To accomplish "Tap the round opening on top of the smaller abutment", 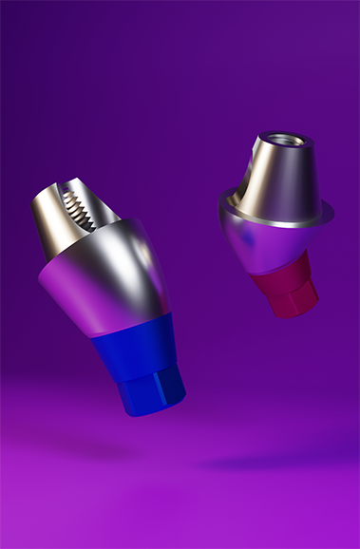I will tap(277, 142).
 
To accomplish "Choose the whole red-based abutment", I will tap(275, 223).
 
